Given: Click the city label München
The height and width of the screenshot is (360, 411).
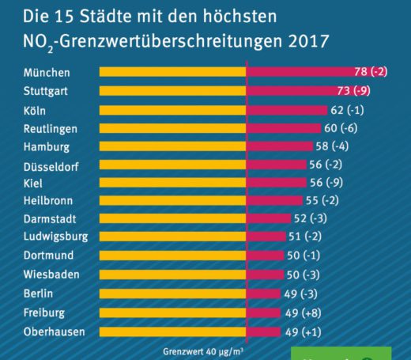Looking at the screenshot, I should click(47, 73).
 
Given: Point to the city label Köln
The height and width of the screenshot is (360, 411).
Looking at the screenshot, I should click(35, 110).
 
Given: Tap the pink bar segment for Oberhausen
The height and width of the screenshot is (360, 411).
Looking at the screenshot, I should click(264, 332).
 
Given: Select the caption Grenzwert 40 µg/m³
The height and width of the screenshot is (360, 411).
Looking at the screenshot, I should click(204, 350).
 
